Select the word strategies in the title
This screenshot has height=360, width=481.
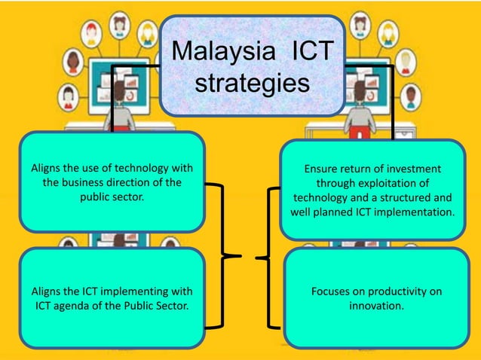click(x=253, y=83)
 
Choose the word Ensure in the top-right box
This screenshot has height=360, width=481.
click(x=321, y=168)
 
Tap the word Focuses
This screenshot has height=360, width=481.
click(x=332, y=291)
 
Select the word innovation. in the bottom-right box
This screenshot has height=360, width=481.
click(x=376, y=306)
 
